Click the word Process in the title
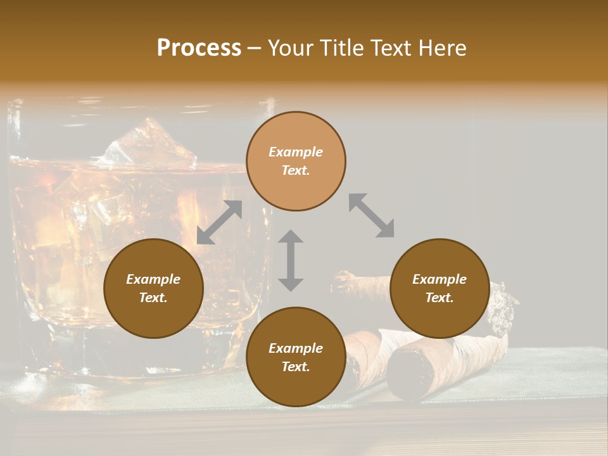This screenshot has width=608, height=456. [199, 48]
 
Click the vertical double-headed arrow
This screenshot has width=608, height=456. [291, 260]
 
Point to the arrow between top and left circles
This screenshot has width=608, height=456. [219, 222]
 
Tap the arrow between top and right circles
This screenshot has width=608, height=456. [372, 215]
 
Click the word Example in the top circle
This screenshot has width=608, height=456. [296, 152]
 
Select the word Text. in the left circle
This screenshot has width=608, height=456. [153, 298]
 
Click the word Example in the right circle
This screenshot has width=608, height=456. [440, 279]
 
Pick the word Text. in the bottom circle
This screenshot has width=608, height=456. [296, 367]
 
